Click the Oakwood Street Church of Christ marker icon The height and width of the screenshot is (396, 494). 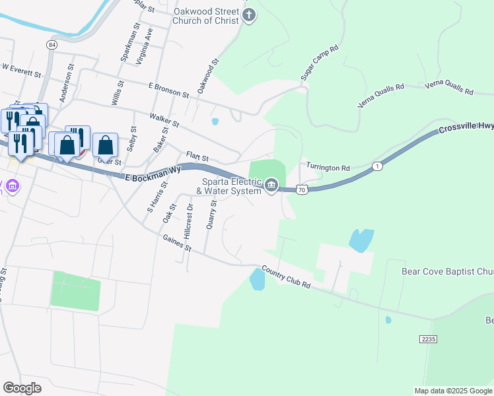[x=249, y=16]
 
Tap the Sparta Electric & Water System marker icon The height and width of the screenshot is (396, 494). [x=271, y=187]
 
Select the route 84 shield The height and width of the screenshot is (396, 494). [x=52, y=44]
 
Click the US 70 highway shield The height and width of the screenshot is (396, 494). [x=301, y=189]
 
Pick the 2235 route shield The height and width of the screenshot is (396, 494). [x=428, y=339]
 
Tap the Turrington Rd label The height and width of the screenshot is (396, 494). [x=327, y=168]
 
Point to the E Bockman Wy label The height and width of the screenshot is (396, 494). [x=153, y=172]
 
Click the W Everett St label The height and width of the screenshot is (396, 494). [x=22, y=67]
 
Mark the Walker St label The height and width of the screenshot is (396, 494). [x=164, y=120]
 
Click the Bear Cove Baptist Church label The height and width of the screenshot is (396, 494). [x=447, y=271]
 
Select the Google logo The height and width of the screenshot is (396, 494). [x=22, y=388]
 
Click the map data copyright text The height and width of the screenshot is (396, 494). [x=452, y=391]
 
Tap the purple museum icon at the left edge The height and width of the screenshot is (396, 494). [x=11, y=187]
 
